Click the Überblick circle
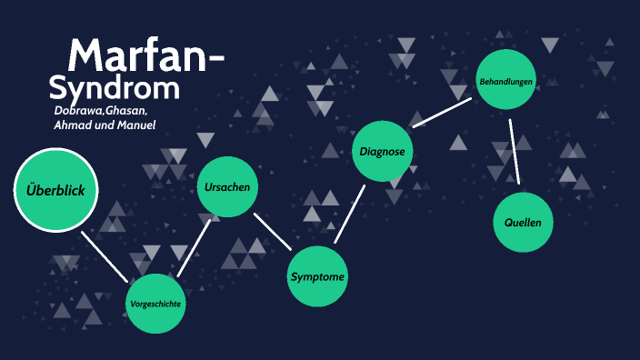click(x=55, y=190)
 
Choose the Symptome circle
click(x=317, y=276)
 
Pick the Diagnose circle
click(x=382, y=151)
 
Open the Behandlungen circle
click(x=506, y=82)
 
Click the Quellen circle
click(x=523, y=222)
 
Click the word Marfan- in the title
click(x=145, y=56)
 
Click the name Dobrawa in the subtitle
click(x=79, y=110)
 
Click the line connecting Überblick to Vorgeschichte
click(x=105, y=255)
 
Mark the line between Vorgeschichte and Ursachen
click(x=194, y=246)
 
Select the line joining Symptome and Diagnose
click(x=350, y=214)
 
